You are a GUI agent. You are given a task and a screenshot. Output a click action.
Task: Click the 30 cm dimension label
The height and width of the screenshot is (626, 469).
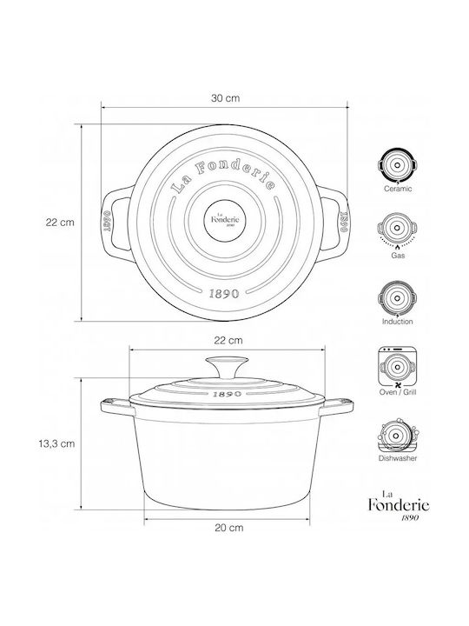(x=225, y=98)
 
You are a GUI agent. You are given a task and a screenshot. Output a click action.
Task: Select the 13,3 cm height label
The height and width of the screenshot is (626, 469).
(x=56, y=443)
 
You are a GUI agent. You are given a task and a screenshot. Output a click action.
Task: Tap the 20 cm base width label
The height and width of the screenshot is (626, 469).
(x=229, y=528)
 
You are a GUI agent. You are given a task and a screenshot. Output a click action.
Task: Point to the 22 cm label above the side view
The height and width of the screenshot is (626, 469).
(x=228, y=341)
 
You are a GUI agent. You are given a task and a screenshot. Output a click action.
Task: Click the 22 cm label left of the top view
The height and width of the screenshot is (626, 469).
(x=60, y=223)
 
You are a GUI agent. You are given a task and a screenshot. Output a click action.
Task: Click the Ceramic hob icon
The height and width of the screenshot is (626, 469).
(x=397, y=166)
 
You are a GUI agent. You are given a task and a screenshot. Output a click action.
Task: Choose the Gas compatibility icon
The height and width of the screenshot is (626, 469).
(x=397, y=230)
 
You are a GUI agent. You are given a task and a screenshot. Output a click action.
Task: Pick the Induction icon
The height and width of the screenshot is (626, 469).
(x=397, y=298)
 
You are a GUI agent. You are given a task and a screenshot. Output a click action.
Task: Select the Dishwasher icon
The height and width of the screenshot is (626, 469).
(x=397, y=436)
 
